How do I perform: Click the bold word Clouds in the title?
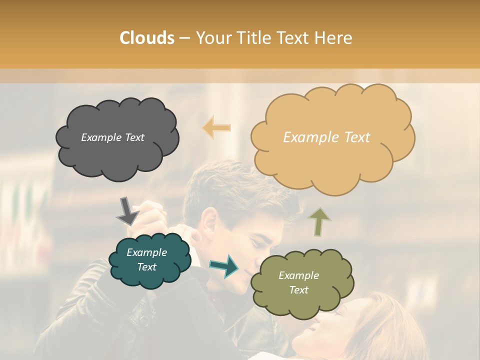(147, 38)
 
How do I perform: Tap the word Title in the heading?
(253, 38)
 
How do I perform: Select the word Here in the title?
(333, 38)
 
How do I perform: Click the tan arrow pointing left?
(217, 127)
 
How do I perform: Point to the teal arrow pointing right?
(224, 265)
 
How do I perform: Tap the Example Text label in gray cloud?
(112, 137)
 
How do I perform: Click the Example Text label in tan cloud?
(326, 137)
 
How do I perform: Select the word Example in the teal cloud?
(146, 252)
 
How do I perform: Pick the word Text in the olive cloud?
(298, 290)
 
